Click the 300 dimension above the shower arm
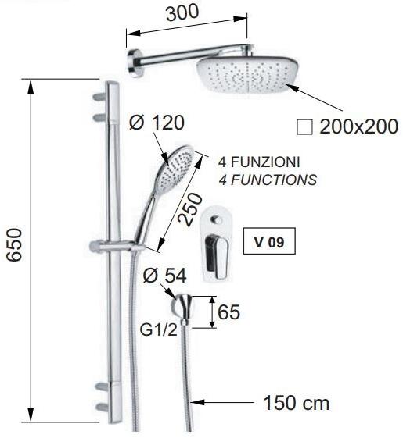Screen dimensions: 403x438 tap(182, 12)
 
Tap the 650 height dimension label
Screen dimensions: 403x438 tap(14, 245)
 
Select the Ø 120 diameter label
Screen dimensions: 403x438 tap(157, 123)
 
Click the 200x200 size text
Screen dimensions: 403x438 tap(358, 126)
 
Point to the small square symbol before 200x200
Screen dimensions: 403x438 tap(304, 127)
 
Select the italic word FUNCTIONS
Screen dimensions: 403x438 tap(274, 180)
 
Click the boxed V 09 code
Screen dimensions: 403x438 tap(269, 241)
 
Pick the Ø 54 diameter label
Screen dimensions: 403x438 tap(164, 276)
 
